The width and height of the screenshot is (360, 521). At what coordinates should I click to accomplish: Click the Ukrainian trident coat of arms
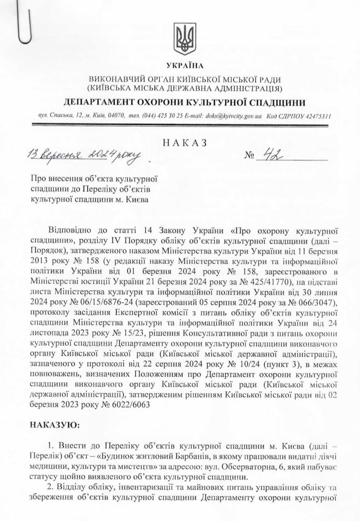[185, 39]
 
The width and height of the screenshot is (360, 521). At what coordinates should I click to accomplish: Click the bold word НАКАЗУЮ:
[56, 425]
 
